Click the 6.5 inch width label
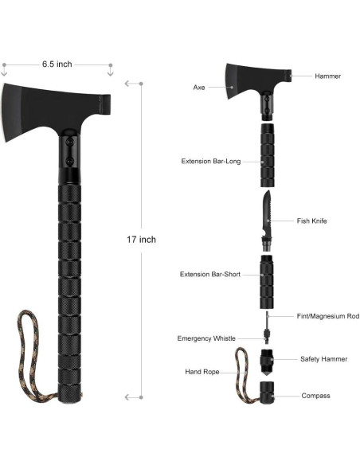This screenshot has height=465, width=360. click(x=57, y=64)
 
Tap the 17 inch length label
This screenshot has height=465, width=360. click(x=141, y=240)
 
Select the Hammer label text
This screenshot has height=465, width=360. click(x=327, y=76)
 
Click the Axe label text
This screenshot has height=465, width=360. click(x=199, y=88)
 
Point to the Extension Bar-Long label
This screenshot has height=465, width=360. click(x=211, y=162)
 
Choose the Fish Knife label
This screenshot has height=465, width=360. click(x=311, y=221)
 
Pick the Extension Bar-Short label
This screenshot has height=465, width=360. click(x=210, y=274)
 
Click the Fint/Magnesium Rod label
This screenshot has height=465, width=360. click(x=328, y=316)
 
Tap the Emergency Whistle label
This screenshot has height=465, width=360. click(x=206, y=338)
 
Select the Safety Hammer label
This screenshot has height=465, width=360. click(x=324, y=359)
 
